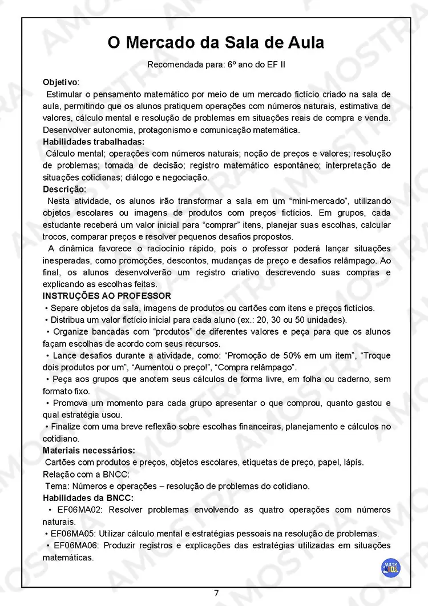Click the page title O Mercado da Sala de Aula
tap(216, 43)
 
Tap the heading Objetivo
tap(61, 82)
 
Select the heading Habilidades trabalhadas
tap(94, 142)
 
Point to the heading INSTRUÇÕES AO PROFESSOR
tap(107, 296)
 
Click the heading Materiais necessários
tap(89, 450)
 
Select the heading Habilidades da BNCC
tap(88, 498)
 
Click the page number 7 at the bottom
tap(216, 593)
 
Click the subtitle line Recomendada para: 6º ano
tap(216, 65)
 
